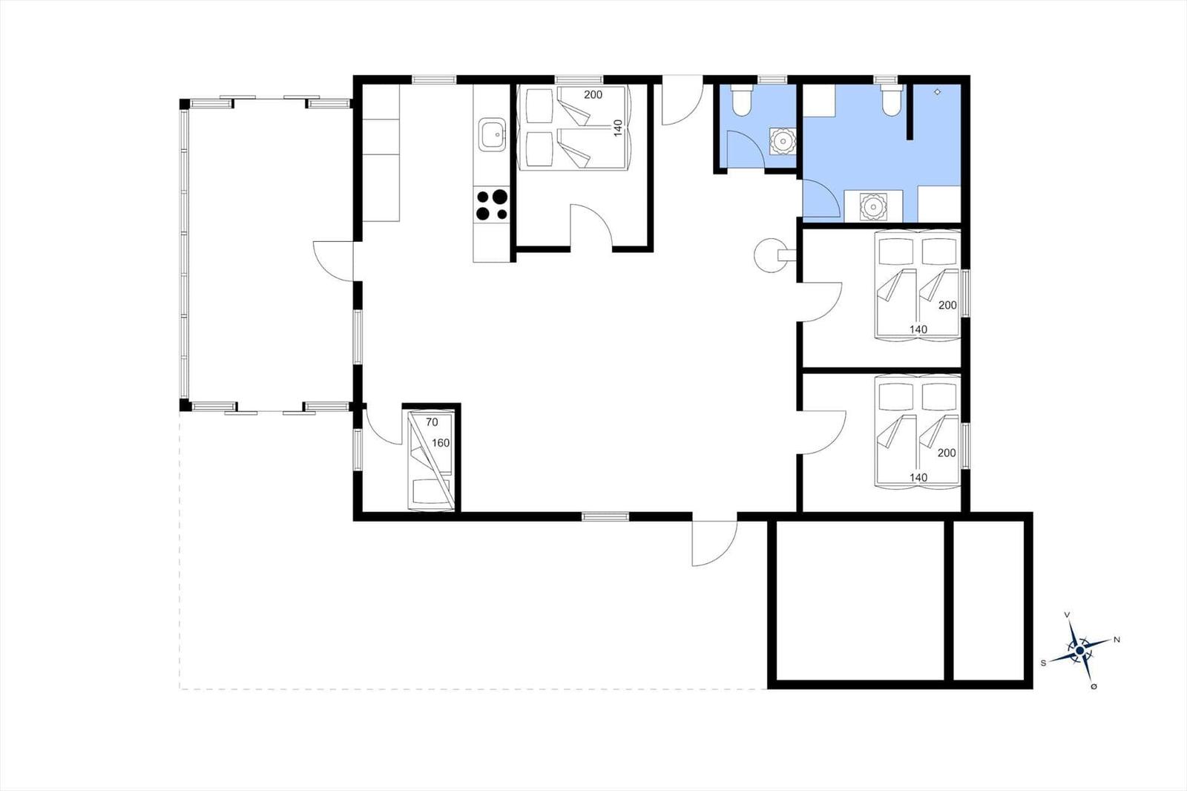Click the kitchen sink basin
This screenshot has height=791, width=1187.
493,134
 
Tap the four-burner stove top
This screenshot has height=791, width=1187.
492,205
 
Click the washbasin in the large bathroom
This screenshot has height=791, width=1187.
872,206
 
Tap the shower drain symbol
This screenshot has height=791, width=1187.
938,92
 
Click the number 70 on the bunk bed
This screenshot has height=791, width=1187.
432,422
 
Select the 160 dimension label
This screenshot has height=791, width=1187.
441,443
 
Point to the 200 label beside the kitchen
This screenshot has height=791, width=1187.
593,95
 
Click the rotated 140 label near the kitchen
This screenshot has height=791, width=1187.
618,128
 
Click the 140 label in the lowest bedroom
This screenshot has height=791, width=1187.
918,477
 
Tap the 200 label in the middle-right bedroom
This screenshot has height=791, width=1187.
947,305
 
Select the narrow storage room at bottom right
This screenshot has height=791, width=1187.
989,601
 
